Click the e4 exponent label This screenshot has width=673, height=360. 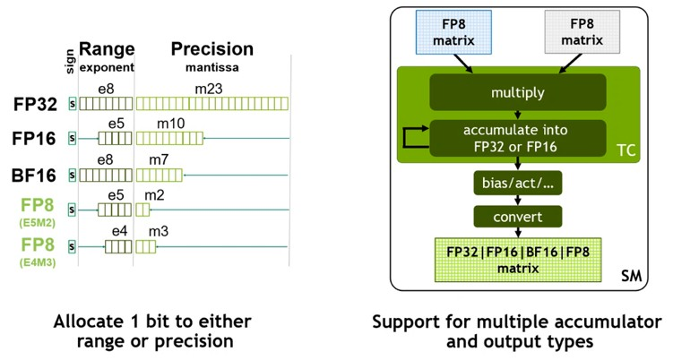coord(120,230)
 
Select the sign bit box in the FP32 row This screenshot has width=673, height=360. coord(72,103)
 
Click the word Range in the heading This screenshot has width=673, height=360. coord(107,49)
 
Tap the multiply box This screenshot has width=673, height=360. coord(517,93)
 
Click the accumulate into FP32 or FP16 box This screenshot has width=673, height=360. coord(517,137)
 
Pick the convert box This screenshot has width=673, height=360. coord(518,217)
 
